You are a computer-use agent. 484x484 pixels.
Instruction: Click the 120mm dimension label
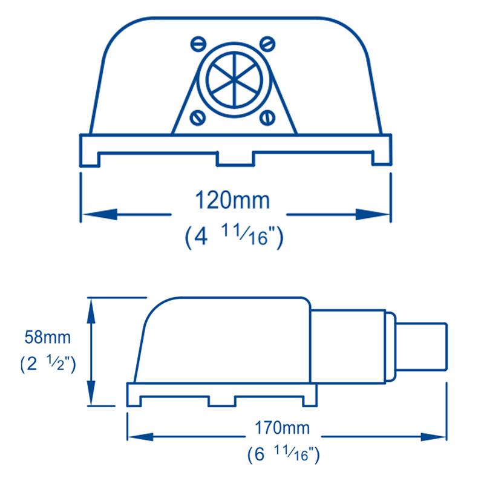232,200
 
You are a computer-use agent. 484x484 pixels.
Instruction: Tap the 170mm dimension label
282,428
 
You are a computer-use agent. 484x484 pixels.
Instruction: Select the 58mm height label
48,337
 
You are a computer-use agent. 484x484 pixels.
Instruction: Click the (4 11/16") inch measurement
234,237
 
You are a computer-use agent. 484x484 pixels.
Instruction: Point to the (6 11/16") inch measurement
283,454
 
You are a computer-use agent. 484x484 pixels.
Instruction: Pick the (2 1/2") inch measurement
48,363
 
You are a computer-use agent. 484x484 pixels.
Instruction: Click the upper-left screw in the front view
198,44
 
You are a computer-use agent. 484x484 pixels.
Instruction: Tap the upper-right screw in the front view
267,44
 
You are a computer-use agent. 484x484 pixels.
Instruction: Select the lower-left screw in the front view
198,117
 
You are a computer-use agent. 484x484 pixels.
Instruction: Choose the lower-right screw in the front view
267,117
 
